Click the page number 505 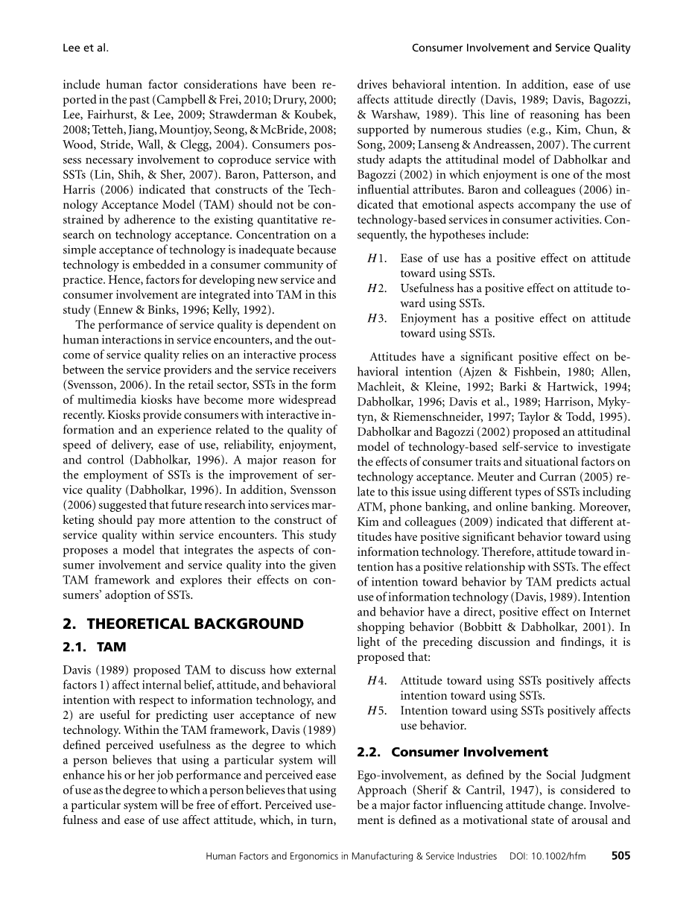(x=620, y=856)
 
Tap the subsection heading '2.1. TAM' (x=95, y=647)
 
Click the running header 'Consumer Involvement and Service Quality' (x=521, y=48)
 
